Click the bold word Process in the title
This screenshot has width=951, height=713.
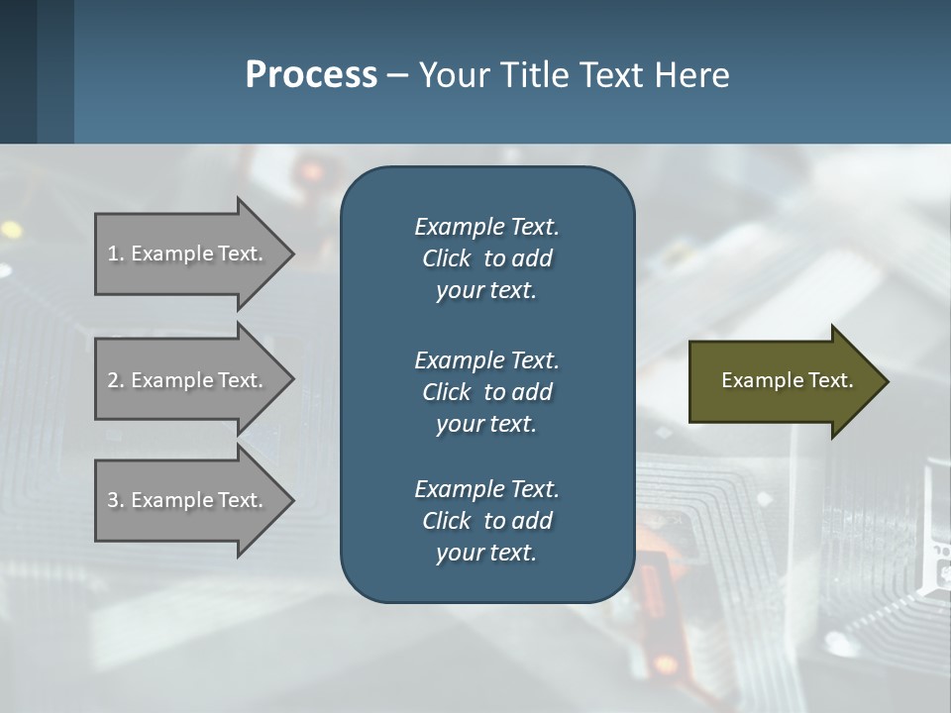click(311, 75)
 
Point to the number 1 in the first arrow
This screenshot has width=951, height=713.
click(113, 254)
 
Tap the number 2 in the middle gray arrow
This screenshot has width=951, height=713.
click(113, 380)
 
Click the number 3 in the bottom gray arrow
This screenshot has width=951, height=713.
click(113, 500)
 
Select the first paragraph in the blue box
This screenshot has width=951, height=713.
click(486, 258)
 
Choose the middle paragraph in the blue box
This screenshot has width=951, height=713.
click(486, 392)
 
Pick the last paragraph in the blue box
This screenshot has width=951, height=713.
click(486, 521)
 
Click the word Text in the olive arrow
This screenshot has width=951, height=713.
click(831, 380)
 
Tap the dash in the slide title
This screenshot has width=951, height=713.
click(397, 76)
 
